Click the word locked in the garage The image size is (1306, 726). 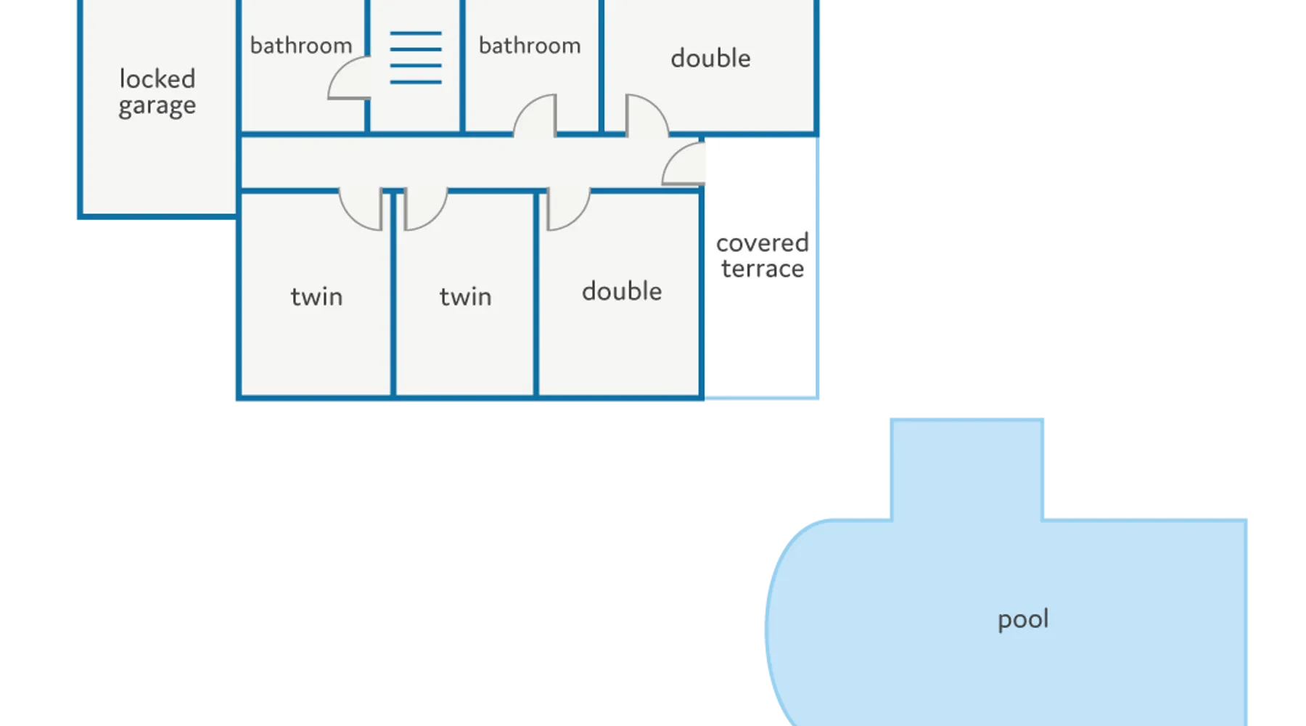pyautogui.click(x=157, y=78)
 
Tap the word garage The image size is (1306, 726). pyautogui.click(x=157, y=106)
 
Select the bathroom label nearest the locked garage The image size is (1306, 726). pyautogui.click(x=301, y=46)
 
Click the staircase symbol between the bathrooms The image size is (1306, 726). pyautogui.click(x=416, y=57)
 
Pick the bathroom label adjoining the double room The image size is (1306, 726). pyautogui.click(x=530, y=46)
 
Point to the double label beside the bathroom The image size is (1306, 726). pyautogui.click(x=710, y=58)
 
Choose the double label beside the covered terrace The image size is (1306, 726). pyautogui.click(x=622, y=291)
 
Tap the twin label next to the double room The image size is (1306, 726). pyautogui.click(x=465, y=296)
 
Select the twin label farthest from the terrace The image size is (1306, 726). pyautogui.click(x=316, y=296)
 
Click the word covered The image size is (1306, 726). pyautogui.click(x=762, y=242)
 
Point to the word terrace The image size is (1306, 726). pyautogui.click(x=762, y=269)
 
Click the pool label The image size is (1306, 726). pyautogui.click(x=1023, y=619)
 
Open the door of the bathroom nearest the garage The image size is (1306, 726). pyautogui.click(x=347, y=80)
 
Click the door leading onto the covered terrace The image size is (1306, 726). pyautogui.click(x=684, y=164)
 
